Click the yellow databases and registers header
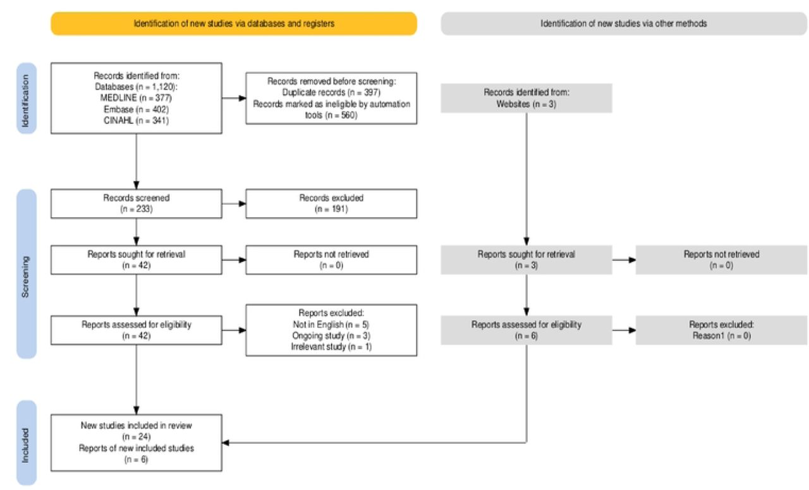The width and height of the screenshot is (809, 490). pos(234,24)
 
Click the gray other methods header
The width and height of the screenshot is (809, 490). pos(624,24)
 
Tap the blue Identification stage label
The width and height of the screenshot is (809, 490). pos(27,99)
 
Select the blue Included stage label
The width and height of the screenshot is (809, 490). pos(27,443)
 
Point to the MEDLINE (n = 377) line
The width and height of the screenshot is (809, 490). pos(136,98)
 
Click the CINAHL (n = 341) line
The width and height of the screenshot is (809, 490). pos(136,121)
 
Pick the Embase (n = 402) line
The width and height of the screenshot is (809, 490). pos(136,109)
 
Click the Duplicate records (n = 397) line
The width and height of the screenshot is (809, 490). pos(331,93)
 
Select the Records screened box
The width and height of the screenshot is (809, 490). pos(137,203)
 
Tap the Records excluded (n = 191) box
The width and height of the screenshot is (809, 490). pos(331,203)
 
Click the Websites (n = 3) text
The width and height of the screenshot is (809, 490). pos(526,104)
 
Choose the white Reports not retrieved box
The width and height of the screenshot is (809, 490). pos(331,260)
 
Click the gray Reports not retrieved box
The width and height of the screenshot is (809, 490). pos(721,260)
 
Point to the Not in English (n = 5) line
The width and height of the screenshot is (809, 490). pos(331,325)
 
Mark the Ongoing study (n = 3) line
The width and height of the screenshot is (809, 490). pos(331,336)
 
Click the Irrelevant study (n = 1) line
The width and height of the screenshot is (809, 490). pos(331,347)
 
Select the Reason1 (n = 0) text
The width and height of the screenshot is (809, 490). pos(721,336)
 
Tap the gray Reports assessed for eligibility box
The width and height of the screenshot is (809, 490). pos(526,330)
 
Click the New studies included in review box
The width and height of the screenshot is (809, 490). pos(137,443)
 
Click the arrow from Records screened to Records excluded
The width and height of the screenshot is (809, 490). pos(234,203)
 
